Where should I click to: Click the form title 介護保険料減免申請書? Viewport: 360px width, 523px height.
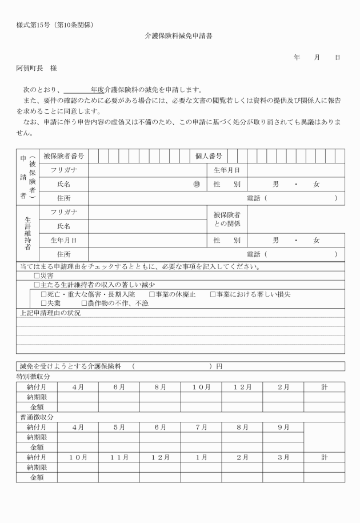pos(179,35)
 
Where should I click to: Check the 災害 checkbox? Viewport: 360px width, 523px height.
pos(37,275)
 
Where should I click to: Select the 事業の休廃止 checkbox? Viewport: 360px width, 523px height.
pos(152,294)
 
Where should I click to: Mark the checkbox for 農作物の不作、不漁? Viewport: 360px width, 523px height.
pos(85,304)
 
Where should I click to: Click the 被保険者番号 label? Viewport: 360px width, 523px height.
pos(63,155)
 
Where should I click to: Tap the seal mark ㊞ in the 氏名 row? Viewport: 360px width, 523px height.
pos(197,185)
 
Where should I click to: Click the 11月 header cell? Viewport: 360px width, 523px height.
pos(119,457)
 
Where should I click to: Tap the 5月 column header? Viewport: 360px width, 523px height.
pos(119,427)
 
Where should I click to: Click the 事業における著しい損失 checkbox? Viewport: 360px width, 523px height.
pos(213,294)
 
